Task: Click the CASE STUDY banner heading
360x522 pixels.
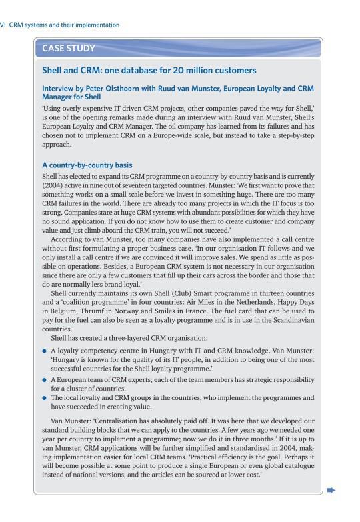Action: [68, 48]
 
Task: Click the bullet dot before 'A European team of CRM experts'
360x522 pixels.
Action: [44, 379]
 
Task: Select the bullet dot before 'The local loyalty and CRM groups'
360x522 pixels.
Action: [44, 397]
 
